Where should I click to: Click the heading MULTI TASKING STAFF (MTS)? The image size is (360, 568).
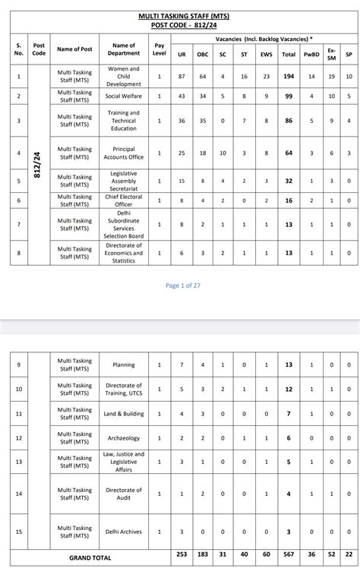coord(180,15)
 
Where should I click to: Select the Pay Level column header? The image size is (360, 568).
coord(159,49)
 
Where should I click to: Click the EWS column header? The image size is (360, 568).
coord(265,55)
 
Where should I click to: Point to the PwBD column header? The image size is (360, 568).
coord(311,55)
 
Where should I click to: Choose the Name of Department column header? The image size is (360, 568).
coord(123,49)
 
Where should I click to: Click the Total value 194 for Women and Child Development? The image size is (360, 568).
coord(289,77)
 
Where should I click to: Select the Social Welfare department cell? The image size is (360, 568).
coord(123,97)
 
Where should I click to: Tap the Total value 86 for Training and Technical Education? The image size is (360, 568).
coord(289,121)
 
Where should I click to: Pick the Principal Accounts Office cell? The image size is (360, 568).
coord(123,153)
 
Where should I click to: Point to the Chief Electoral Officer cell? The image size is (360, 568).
coord(123,200)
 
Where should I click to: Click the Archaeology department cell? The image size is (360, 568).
coord(123,438)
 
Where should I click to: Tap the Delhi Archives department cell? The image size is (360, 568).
coord(123,532)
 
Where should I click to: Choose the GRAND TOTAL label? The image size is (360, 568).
coord(90,557)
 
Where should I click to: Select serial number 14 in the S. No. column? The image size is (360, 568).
coord(19,494)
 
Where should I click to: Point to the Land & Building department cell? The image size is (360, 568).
coord(123,414)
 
